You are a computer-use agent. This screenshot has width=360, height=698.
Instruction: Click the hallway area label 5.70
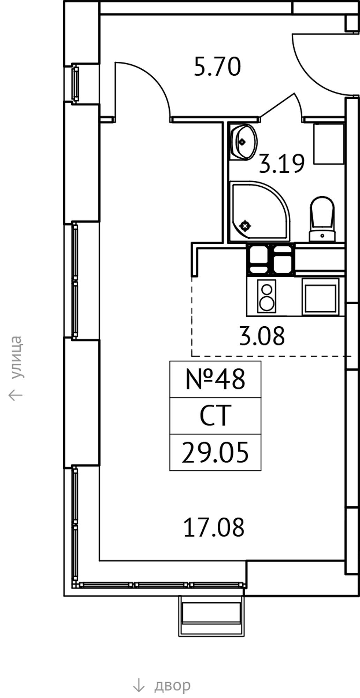[217, 67]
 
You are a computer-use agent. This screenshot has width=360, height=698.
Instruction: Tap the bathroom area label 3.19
[282, 164]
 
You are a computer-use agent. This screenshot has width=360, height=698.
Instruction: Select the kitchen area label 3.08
[262, 336]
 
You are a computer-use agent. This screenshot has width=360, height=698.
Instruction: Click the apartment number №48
[215, 379]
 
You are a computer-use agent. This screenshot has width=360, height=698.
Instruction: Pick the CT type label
[215, 416]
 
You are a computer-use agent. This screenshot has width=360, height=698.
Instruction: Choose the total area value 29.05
[215, 453]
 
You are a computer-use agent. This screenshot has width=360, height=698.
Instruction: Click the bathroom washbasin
[243, 142]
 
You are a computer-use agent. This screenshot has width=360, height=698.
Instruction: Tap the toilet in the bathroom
[322, 220]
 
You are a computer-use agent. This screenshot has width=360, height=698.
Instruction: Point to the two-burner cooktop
[267, 296]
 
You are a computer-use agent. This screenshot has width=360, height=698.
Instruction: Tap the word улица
[16, 358]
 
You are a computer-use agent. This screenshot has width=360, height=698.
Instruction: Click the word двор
[172, 686]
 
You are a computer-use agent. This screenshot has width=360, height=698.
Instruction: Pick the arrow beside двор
[139, 685]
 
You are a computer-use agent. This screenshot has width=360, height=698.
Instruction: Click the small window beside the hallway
[75, 83]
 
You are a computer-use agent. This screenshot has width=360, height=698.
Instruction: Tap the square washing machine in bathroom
[329, 143]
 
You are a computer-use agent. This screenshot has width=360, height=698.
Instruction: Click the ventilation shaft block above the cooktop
[271, 259]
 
